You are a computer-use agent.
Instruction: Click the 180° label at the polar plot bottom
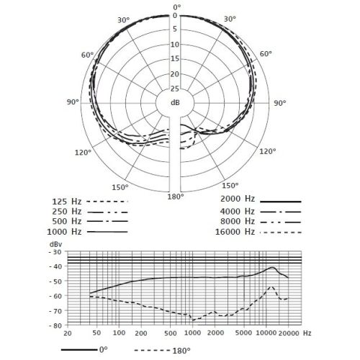point(176,197)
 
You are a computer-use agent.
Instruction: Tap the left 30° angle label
point(123,20)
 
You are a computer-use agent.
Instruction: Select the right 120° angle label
point(268,151)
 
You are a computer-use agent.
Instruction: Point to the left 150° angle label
point(120,187)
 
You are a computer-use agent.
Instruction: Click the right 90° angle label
point(280,103)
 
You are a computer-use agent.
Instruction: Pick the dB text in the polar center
point(175,102)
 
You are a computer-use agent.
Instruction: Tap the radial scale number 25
point(175,89)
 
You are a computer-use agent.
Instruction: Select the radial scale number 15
point(175,58)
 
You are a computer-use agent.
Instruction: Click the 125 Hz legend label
point(67,202)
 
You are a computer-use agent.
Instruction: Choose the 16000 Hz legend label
point(235,232)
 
